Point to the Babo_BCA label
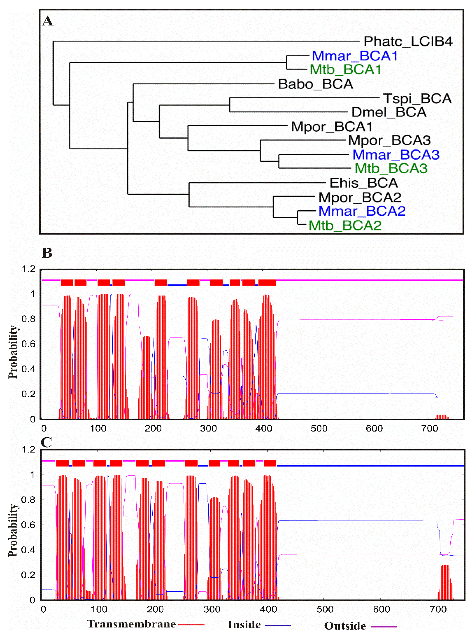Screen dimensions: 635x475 [x=315, y=84]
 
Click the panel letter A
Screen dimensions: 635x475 [x=48, y=21]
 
